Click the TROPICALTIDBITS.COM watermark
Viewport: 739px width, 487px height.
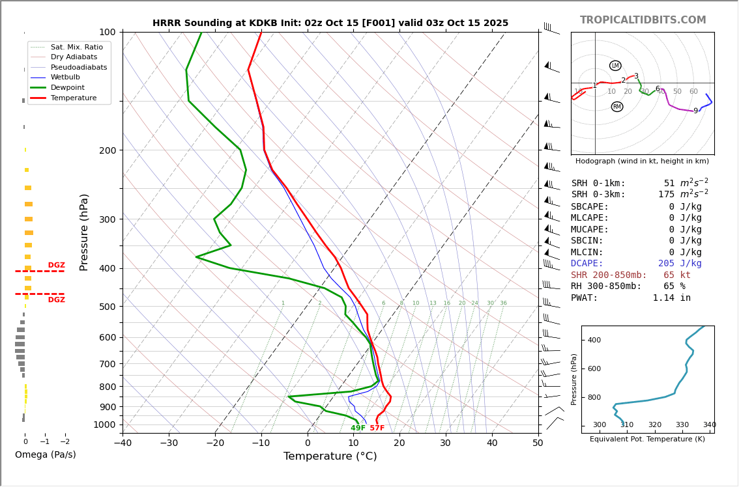643,20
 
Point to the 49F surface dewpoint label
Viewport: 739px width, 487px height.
358,428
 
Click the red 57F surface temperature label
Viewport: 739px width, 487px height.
377,428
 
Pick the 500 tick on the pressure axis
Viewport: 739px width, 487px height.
107,307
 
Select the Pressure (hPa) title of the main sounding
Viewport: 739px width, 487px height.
84,232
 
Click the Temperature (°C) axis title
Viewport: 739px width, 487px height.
330,456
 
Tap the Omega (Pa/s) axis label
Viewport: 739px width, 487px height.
45,455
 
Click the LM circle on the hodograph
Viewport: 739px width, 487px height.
615,66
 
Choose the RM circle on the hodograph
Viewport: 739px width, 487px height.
616,107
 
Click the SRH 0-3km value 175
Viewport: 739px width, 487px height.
666,195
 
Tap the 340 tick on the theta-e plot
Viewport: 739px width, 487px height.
709,425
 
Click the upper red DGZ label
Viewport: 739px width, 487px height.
57,266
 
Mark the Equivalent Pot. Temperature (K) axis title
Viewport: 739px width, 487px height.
647,439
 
